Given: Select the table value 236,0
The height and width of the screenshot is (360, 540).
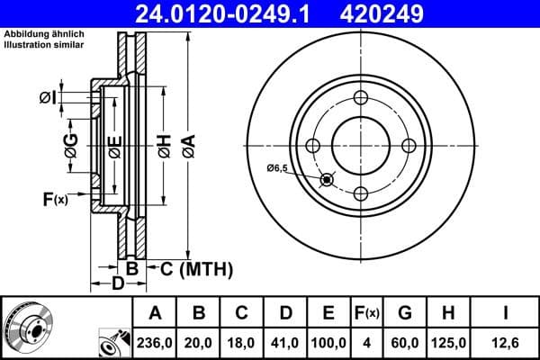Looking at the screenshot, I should coord(156,342).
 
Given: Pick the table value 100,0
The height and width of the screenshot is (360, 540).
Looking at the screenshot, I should coord(328,342).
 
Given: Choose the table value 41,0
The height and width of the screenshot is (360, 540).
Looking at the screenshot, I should coord(284,342).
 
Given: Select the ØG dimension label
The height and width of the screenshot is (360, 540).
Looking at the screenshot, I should coord(71,143).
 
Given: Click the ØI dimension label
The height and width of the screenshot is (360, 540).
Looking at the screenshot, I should coord(49,97).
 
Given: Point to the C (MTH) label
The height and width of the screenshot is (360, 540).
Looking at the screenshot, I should coord(196,268).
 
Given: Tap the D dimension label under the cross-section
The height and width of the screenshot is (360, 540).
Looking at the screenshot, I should coord(117,284).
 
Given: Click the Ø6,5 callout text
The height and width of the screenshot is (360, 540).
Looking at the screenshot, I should coord(277,168).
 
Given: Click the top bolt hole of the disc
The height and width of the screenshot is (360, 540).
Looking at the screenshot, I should coord(360,98).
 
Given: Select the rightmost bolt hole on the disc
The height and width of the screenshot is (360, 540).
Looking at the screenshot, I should coord(409,146).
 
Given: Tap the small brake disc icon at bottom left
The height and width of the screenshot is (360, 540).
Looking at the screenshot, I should coord(30,327).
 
